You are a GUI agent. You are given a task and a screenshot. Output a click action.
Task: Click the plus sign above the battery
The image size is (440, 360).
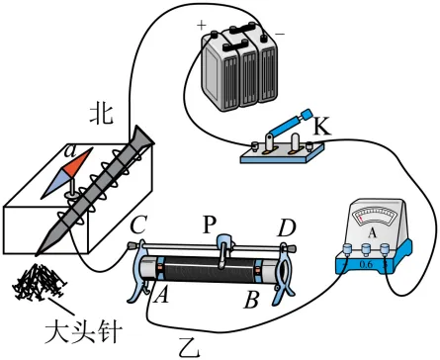201,25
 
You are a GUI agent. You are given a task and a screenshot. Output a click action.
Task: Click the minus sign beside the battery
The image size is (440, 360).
280,34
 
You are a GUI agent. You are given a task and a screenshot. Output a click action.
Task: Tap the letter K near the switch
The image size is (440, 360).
321,126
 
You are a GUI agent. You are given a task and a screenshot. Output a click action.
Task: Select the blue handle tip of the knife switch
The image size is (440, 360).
307,114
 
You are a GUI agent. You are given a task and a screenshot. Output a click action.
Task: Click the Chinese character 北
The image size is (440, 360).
102,115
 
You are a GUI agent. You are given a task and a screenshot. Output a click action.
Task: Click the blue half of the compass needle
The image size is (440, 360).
55,184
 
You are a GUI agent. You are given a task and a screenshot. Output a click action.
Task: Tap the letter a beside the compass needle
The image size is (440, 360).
69,151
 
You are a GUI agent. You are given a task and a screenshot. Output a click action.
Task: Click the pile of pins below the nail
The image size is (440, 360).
38,282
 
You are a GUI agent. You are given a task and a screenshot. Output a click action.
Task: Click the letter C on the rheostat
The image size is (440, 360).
138,225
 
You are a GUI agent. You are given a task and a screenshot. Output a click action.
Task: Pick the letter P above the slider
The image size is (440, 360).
209,225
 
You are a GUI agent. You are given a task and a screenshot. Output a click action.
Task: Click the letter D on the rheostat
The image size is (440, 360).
287,227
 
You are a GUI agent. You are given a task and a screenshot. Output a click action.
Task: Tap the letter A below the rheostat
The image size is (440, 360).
161,294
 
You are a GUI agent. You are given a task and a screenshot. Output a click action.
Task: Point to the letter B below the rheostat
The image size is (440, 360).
251,300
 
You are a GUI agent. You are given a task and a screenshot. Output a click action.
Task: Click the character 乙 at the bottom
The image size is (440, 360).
190,347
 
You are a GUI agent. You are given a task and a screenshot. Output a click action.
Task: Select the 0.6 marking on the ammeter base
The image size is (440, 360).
365,264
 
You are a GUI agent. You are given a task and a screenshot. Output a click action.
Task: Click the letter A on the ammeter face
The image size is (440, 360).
372,233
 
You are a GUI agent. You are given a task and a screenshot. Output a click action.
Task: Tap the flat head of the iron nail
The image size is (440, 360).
142,138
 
